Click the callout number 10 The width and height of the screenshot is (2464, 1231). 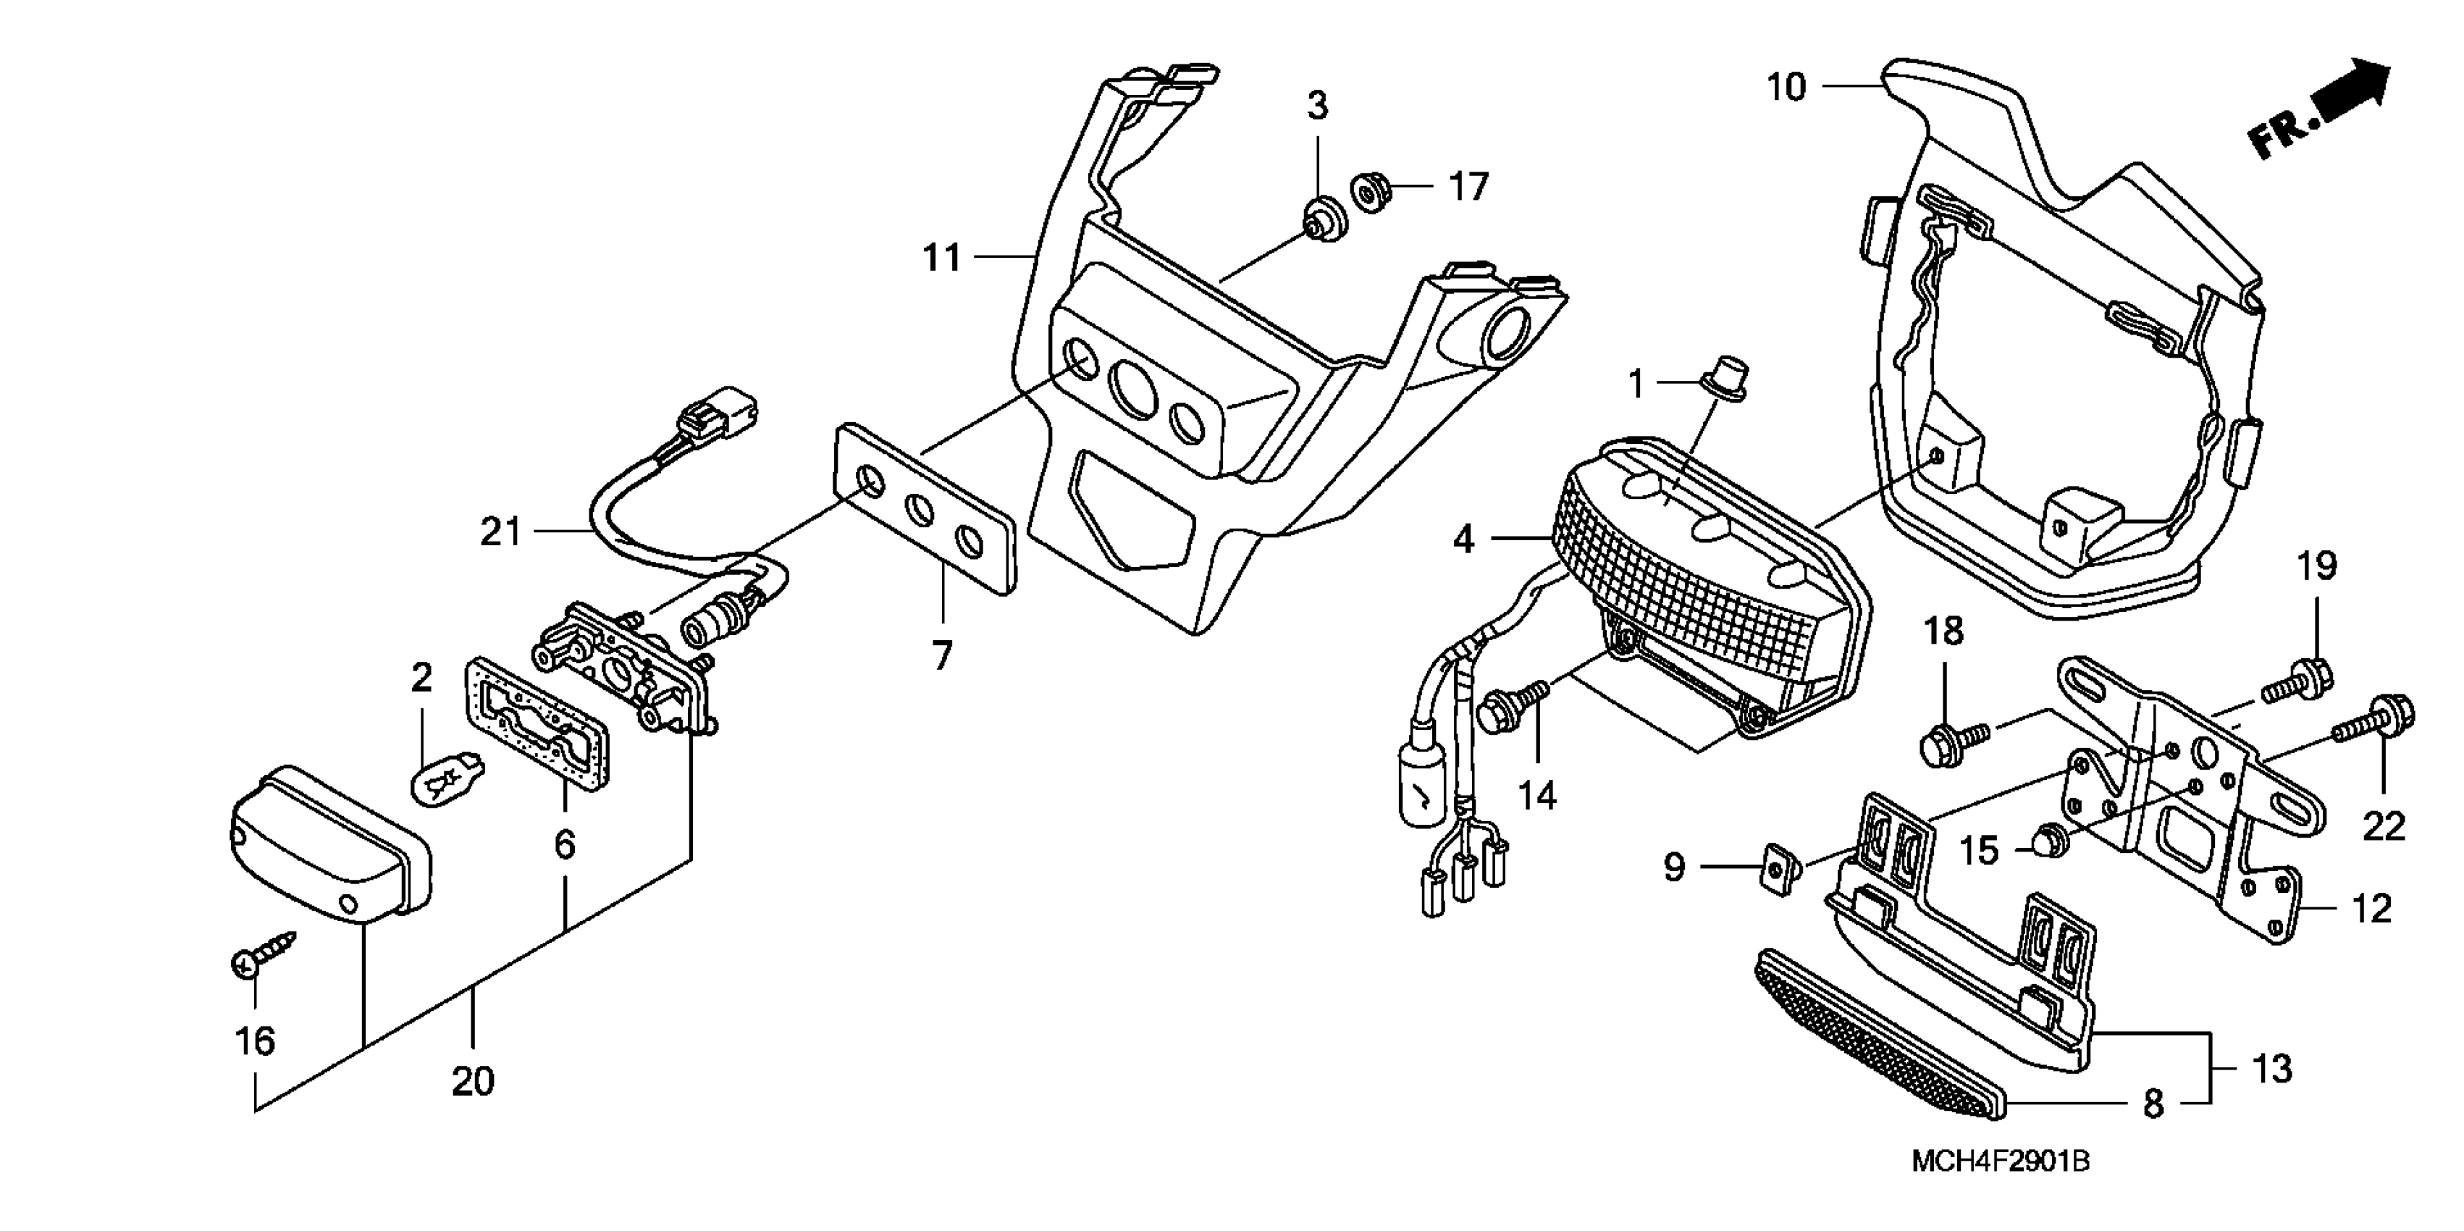(1785, 87)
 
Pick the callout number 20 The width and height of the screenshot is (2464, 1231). (473, 1081)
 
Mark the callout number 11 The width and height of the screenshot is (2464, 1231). (941, 256)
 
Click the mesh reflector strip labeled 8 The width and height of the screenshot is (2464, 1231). (1875, 1033)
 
